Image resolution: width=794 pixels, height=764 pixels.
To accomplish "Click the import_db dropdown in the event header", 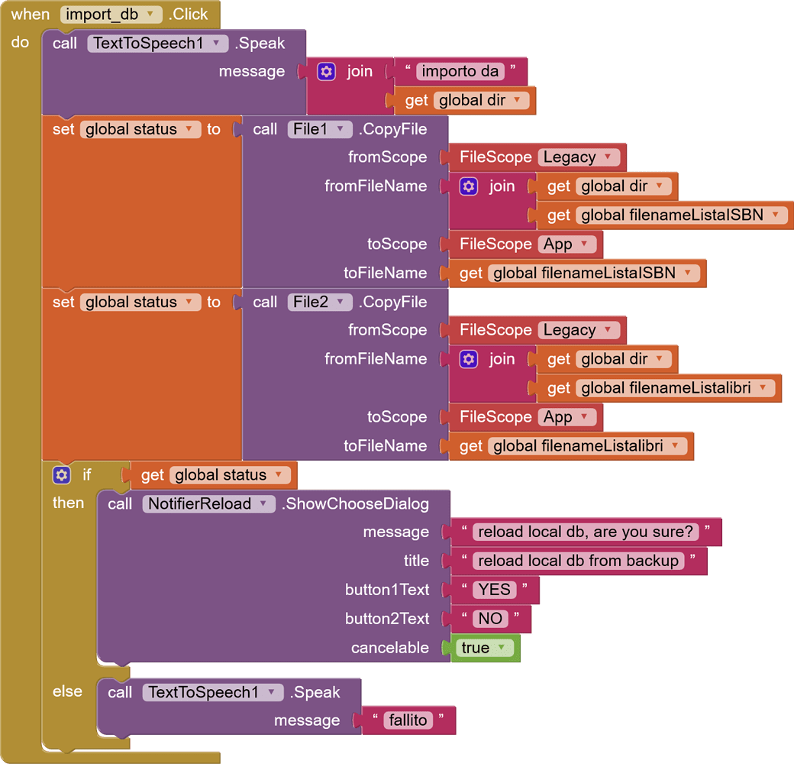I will point(111,14).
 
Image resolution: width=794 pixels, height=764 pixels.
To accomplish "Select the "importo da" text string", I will point(460,71).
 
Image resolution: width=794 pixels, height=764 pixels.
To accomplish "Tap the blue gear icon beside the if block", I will point(62,475).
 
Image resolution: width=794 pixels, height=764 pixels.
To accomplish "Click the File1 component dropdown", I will point(320,129).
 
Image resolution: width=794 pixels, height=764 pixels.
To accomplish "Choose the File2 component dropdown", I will point(320,302).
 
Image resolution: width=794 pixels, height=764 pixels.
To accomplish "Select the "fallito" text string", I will point(408,720).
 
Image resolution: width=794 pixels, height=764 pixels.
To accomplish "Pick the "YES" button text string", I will point(494,590).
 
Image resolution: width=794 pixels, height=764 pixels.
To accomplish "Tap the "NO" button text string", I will point(490,619).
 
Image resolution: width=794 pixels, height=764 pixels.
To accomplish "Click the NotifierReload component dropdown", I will point(208,503).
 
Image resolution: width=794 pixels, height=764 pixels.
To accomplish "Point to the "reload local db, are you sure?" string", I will point(586,532).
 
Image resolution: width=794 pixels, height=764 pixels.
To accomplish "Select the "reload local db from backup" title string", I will point(578,561).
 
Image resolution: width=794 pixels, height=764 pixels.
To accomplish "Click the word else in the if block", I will point(67,691).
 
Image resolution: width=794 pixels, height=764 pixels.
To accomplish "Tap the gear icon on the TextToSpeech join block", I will point(327,71).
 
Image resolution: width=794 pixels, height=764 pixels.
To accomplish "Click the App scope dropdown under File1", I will point(566,244).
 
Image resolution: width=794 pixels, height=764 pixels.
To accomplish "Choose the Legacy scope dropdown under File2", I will point(578,330).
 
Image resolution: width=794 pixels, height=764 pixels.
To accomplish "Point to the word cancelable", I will point(390,648).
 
